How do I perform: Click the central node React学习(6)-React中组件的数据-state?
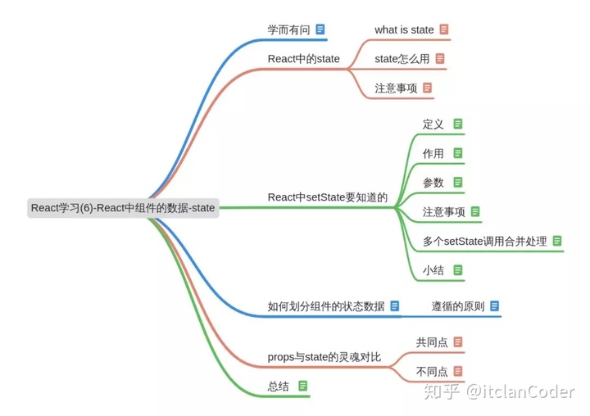123,208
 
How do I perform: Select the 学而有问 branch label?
288,29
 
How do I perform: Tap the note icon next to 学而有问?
320,29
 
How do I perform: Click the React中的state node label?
303,59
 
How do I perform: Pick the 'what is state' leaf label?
404,29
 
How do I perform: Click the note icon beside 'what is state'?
444,29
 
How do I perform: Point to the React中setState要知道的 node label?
327,197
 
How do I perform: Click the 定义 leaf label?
433,124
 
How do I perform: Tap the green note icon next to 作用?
458,153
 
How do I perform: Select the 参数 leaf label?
433,182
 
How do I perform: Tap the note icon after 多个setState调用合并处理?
557,241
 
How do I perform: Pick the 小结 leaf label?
433,269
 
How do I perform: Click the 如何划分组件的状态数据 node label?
325,306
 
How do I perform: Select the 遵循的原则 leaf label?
458,306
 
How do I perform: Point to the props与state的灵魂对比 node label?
324,358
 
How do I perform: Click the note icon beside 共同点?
458,342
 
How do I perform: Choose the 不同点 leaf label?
432,372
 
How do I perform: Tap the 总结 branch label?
279,387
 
